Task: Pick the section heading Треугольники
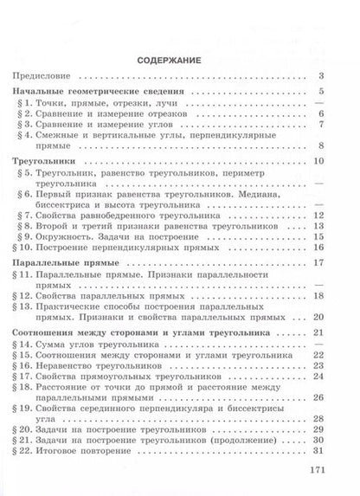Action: [48, 162]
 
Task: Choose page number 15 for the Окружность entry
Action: [318, 235]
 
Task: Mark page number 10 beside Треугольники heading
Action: [318, 162]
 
